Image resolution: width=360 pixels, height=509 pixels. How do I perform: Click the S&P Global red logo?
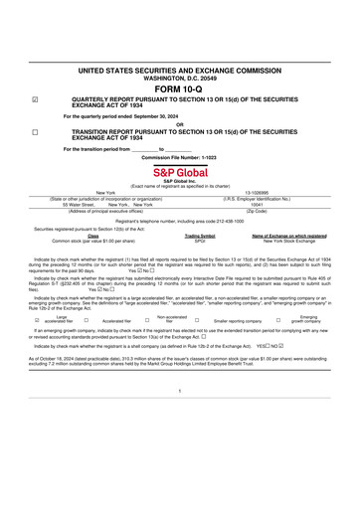pyautogui.click(x=180, y=171)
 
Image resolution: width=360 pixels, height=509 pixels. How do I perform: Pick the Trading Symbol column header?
pyautogui.click(x=200, y=236)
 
